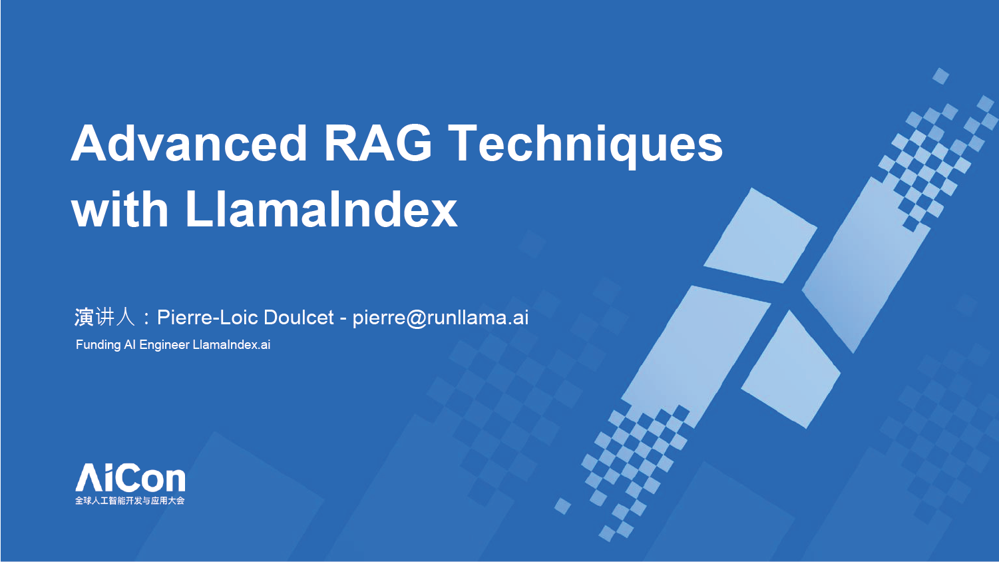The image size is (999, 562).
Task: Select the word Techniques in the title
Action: click(585, 146)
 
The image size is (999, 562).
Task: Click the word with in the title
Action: click(120, 208)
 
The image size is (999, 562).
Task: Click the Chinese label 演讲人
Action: click(104, 317)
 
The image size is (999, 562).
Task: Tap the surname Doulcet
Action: click(298, 318)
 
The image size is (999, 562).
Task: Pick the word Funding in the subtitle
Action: click(98, 345)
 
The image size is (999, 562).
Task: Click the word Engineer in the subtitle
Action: click(164, 345)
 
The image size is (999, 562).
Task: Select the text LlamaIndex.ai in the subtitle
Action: click(232, 345)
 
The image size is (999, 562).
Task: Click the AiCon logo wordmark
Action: click(130, 477)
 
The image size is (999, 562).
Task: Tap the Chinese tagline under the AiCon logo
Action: click(130, 501)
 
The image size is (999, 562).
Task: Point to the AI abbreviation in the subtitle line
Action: click(130, 345)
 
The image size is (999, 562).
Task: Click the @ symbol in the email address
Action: click(417, 319)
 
